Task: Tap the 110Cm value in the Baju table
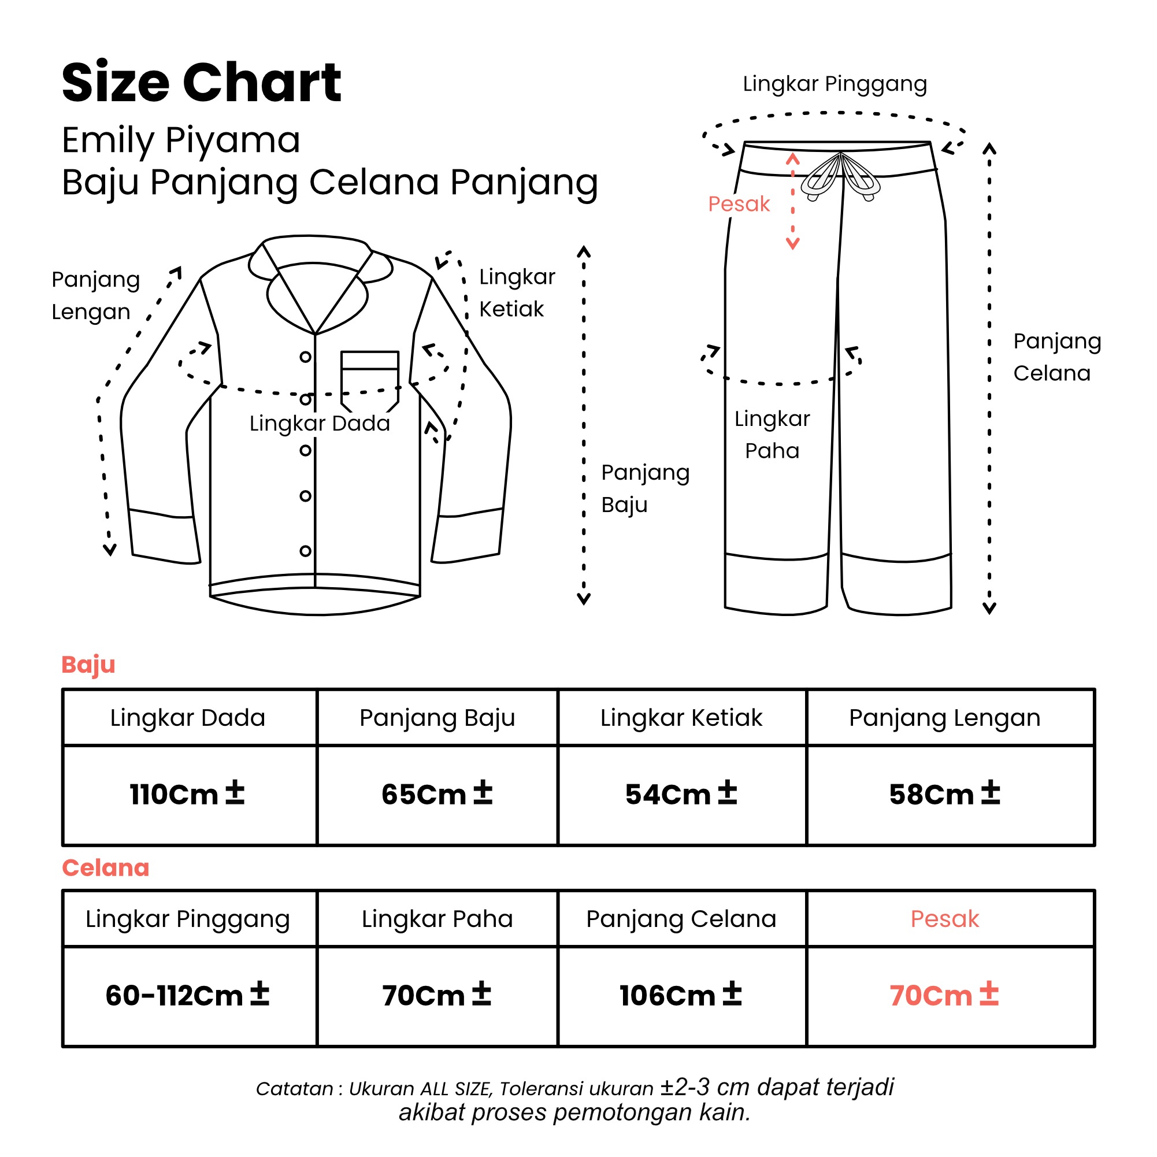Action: [x=187, y=794]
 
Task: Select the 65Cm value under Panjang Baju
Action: [x=437, y=794]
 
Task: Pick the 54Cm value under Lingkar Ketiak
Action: [x=681, y=794]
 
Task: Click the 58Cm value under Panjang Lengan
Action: [x=945, y=794]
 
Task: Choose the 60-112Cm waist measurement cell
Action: [x=187, y=995]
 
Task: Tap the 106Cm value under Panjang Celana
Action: [x=681, y=995]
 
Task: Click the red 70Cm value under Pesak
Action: [x=944, y=995]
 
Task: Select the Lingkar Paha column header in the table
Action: [x=437, y=919]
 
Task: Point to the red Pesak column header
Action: [x=945, y=919]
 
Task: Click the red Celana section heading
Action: [x=105, y=868]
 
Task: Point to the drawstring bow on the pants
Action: [x=841, y=176]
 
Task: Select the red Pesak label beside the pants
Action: [x=739, y=204]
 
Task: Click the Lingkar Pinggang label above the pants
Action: [x=835, y=84]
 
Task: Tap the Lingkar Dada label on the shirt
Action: [x=320, y=424]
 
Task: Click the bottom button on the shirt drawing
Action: [x=305, y=551]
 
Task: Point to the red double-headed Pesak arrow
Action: [x=793, y=201]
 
